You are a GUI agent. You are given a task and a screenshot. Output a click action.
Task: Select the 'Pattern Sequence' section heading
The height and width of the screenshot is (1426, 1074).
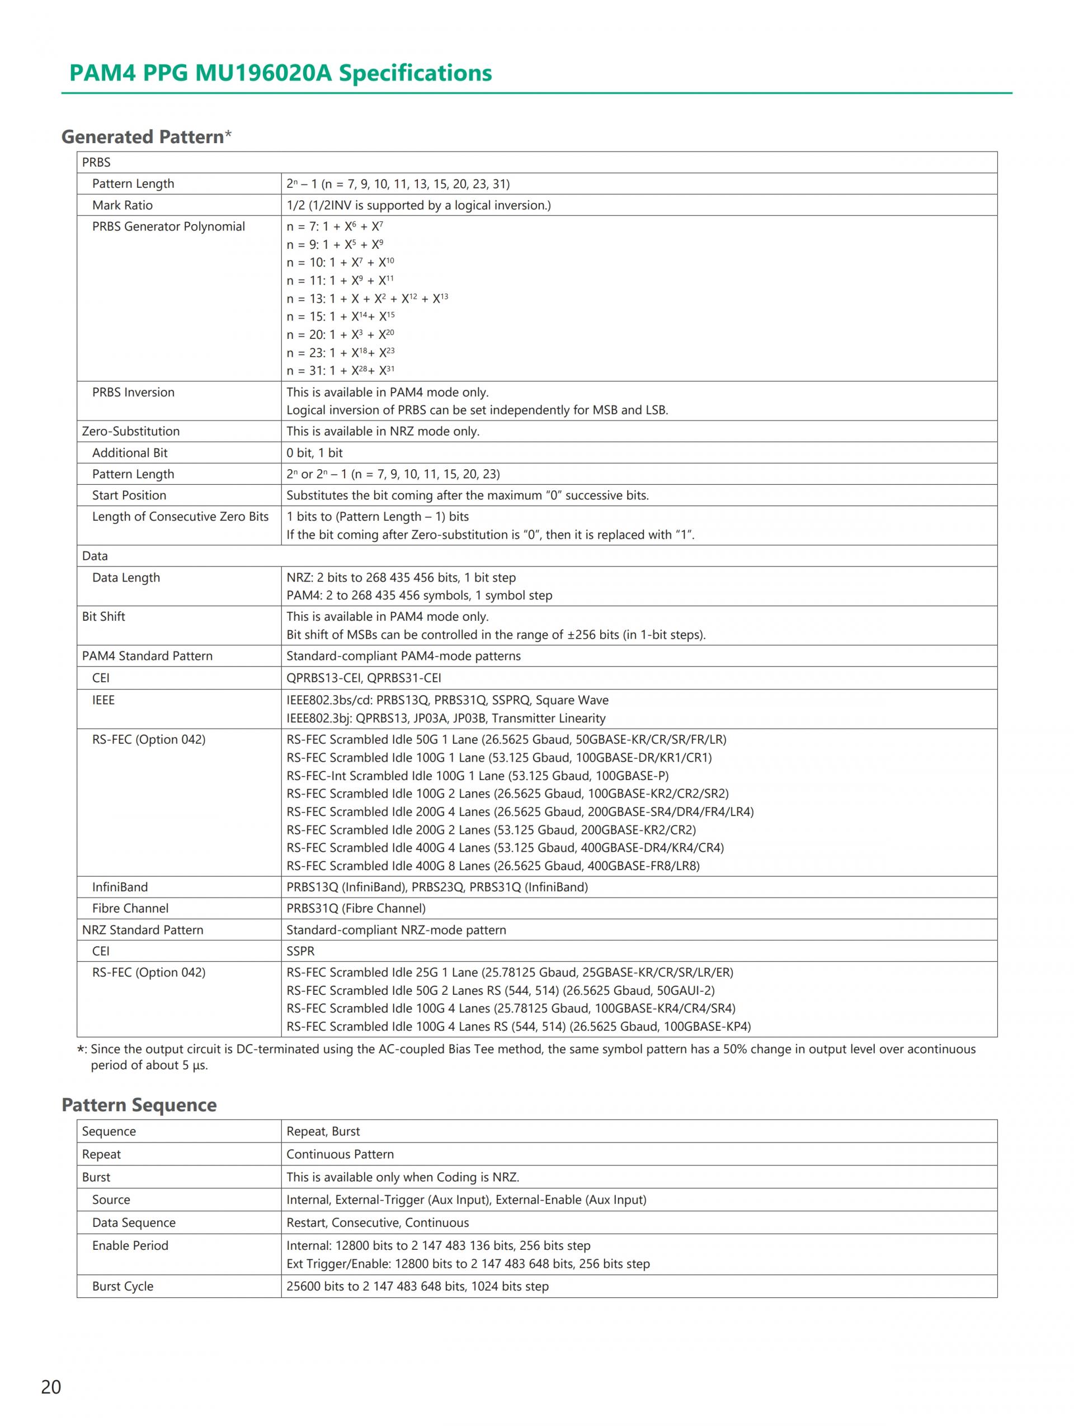click(x=139, y=1105)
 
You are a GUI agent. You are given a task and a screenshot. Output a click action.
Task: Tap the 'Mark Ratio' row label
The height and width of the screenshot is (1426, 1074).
click(x=123, y=205)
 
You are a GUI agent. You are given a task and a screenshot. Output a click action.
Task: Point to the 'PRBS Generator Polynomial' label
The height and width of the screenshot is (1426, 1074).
click(x=168, y=226)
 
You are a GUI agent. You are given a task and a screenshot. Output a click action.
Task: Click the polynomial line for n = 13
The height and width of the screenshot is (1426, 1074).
click(x=367, y=299)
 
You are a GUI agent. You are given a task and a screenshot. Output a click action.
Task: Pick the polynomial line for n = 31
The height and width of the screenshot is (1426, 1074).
click(x=340, y=371)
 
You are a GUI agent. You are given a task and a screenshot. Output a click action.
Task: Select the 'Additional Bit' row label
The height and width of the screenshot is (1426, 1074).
click(x=130, y=452)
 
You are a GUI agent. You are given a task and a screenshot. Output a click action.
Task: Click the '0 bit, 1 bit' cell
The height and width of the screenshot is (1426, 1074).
click(x=314, y=452)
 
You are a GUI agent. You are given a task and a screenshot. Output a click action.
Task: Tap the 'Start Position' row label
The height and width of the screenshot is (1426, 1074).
click(x=129, y=495)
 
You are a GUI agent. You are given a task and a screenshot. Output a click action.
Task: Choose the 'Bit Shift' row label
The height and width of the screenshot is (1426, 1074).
click(x=103, y=616)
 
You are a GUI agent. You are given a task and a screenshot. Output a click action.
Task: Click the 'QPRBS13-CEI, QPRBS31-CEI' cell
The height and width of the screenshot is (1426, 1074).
click(x=364, y=678)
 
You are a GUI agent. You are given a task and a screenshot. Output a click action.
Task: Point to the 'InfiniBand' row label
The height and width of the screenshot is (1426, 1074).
click(x=120, y=887)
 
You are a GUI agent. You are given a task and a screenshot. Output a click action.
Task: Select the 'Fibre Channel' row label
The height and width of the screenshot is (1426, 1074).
click(x=130, y=908)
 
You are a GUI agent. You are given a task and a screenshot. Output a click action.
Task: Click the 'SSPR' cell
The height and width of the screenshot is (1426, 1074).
click(x=300, y=951)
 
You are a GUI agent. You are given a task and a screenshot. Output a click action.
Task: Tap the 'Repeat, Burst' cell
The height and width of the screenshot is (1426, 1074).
click(x=323, y=1131)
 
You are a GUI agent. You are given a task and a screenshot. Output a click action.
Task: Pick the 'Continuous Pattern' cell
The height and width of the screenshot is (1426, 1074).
click(x=340, y=1154)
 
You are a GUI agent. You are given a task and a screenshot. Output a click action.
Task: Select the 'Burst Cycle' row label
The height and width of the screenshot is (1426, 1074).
click(x=123, y=1286)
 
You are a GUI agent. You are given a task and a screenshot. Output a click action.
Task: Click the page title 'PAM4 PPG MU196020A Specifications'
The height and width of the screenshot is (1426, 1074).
click(x=280, y=73)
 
